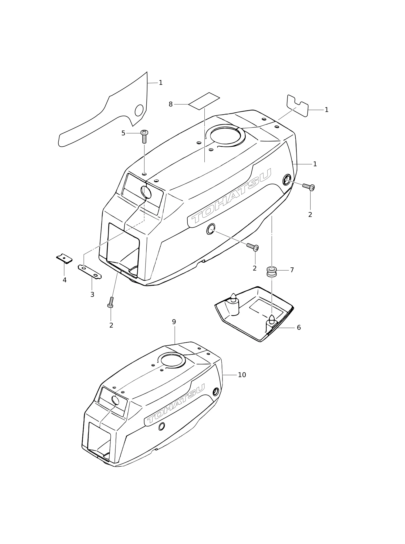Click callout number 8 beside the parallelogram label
tap(170, 104)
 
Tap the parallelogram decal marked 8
tap(204, 101)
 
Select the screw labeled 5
tap(144, 136)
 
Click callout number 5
tap(123, 133)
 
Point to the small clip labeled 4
tap(65, 259)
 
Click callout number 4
tap(65, 280)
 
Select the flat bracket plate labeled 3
tap(90, 271)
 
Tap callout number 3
tap(92, 295)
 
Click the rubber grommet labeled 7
tap(272, 272)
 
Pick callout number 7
tap(292, 270)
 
